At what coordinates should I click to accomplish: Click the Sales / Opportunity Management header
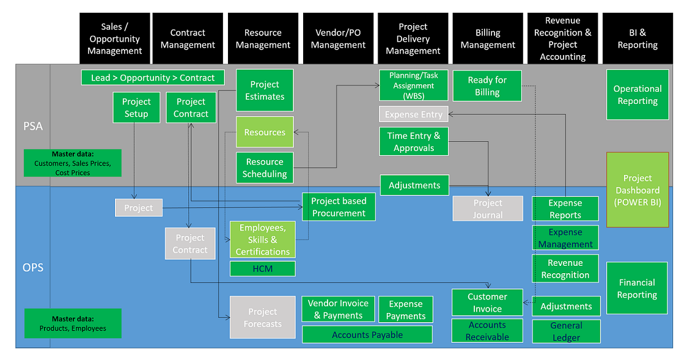(114, 39)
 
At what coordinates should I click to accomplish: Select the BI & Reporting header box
(637, 39)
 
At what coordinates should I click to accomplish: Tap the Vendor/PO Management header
(338, 39)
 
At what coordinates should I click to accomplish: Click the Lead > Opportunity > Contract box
(153, 78)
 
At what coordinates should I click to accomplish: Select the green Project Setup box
(136, 108)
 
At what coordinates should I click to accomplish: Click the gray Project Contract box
(190, 244)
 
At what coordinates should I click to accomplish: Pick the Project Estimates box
(265, 90)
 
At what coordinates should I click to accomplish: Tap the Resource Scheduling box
(265, 168)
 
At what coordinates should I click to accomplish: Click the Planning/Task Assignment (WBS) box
(413, 86)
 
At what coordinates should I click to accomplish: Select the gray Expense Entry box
(413, 114)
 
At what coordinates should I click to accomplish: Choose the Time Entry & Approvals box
(413, 142)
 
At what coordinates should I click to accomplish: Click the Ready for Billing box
(487, 86)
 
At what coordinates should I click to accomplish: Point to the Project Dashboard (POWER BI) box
(637, 190)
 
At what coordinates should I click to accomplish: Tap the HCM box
(262, 268)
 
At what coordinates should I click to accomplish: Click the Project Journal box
(487, 208)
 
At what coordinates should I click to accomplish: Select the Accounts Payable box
(367, 334)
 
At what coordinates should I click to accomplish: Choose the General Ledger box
(566, 331)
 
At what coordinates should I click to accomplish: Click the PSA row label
(33, 126)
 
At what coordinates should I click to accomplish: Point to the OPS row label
(33, 267)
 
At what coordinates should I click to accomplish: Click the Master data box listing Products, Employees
(73, 323)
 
